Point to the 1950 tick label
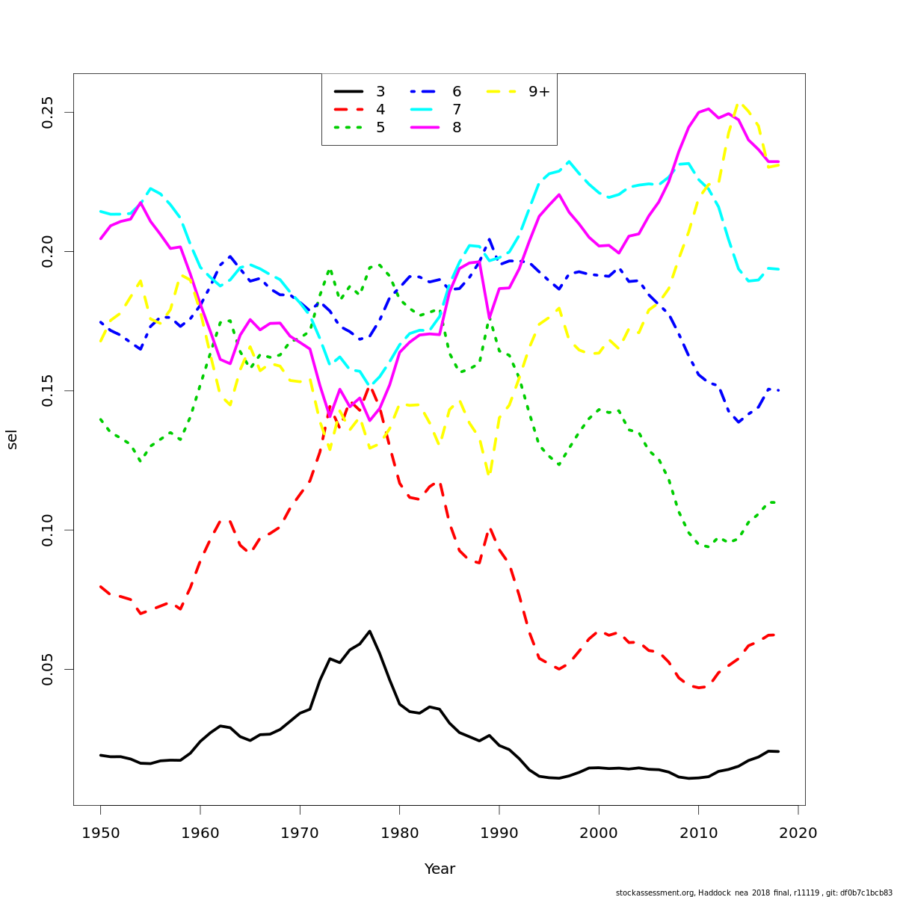coord(100,833)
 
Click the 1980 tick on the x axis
coord(399,833)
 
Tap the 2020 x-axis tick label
coord(798,833)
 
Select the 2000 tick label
coord(599,833)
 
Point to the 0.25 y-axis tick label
coord(48,112)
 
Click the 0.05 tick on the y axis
coord(48,669)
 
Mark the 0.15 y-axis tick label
coord(48,391)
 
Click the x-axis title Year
coord(440,869)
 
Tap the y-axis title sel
coord(12,440)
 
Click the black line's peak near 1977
coord(369,631)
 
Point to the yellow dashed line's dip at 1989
coord(489,475)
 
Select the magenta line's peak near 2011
coord(708,108)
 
